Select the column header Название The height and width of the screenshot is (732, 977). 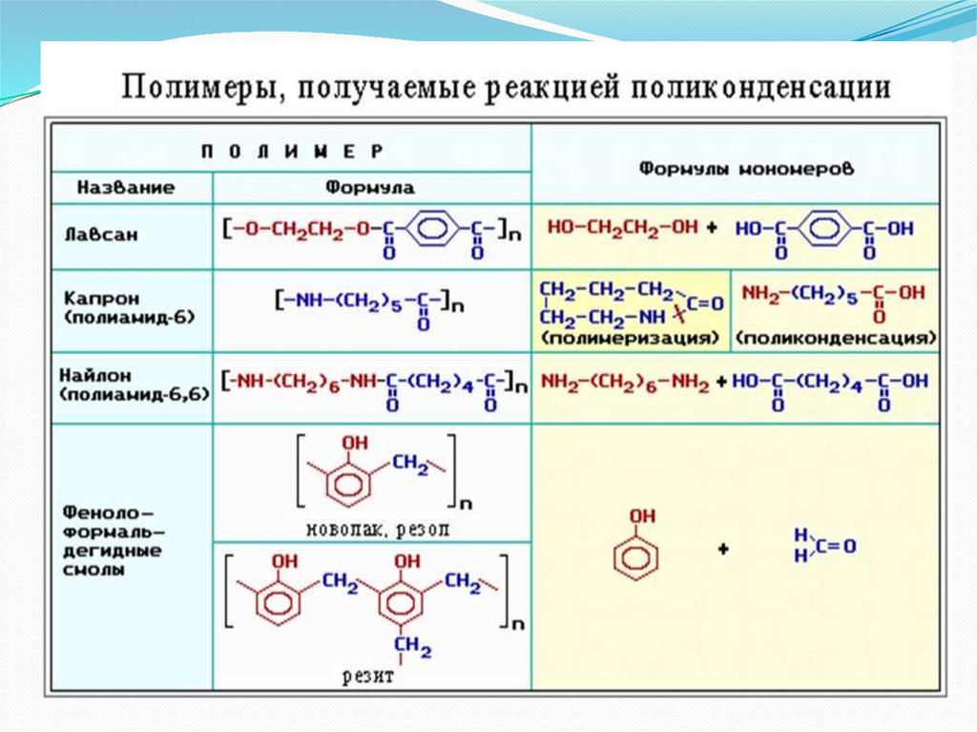(x=127, y=188)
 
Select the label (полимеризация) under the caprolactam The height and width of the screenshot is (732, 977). (x=630, y=338)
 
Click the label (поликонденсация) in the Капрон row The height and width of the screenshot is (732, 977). (x=836, y=338)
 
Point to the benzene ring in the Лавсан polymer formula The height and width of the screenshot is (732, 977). (x=435, y=229)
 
